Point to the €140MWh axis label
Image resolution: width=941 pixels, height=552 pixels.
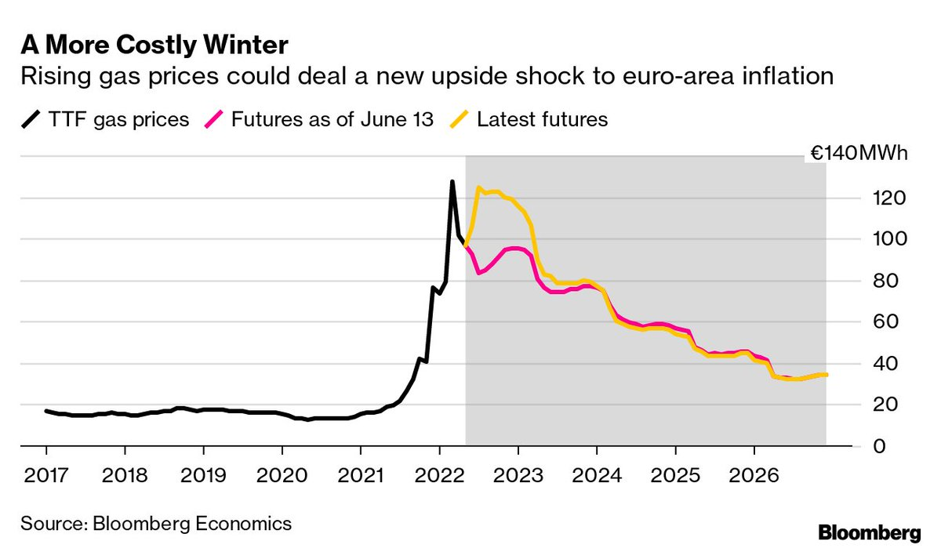(x=859, y=154)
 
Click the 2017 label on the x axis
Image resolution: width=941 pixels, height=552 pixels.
(x=46, y=475)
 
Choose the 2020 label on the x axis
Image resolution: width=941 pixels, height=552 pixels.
(x=282, y=475)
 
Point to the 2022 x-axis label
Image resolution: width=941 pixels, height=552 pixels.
(x=440, y=475)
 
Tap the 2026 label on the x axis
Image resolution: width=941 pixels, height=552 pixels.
(x=754, y=475)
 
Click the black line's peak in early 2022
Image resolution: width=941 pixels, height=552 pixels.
(x=452, y=182)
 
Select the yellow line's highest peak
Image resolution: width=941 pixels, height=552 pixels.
(x=479, y=188)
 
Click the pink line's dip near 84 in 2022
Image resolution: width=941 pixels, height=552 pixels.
(x=479, y=273)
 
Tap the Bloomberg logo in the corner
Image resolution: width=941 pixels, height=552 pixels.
(x=870, y=533)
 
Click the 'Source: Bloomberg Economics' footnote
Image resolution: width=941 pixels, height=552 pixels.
(x=156, y=523)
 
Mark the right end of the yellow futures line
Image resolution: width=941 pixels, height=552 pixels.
(x=827, y=375)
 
